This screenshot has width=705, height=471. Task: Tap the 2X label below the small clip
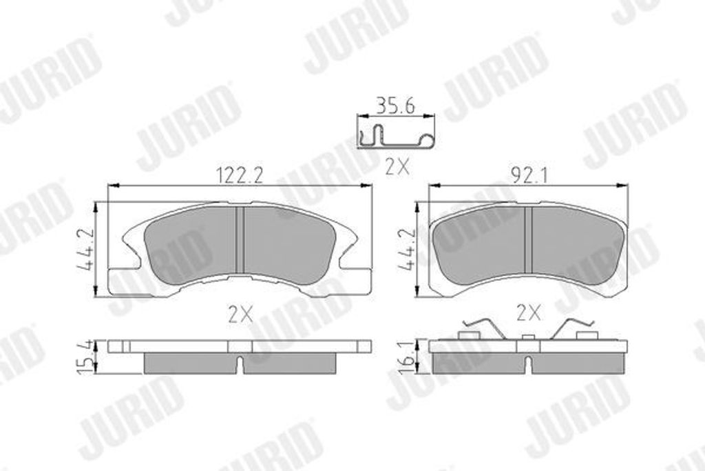397,166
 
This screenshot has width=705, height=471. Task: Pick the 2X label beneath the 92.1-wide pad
527,314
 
